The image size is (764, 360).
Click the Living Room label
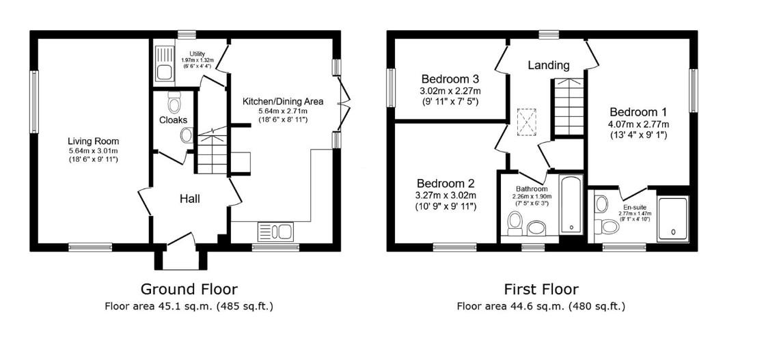(x=93, y=141)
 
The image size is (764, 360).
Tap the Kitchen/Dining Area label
(x=282, y=101)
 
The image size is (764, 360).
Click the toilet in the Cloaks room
(x=174, y=104)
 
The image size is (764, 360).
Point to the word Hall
(x=189, y=199)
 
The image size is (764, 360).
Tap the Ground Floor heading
(x=189, y=289)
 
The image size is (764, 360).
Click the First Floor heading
(x=541, y=289)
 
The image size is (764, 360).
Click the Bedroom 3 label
(x=450, y=78)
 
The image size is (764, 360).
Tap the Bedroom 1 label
(x=638, y=111)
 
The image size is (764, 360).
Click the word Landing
(x=549, y=66)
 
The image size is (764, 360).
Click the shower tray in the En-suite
(x=673, y=217)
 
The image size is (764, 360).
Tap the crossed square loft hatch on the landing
(x=526, y=121)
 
